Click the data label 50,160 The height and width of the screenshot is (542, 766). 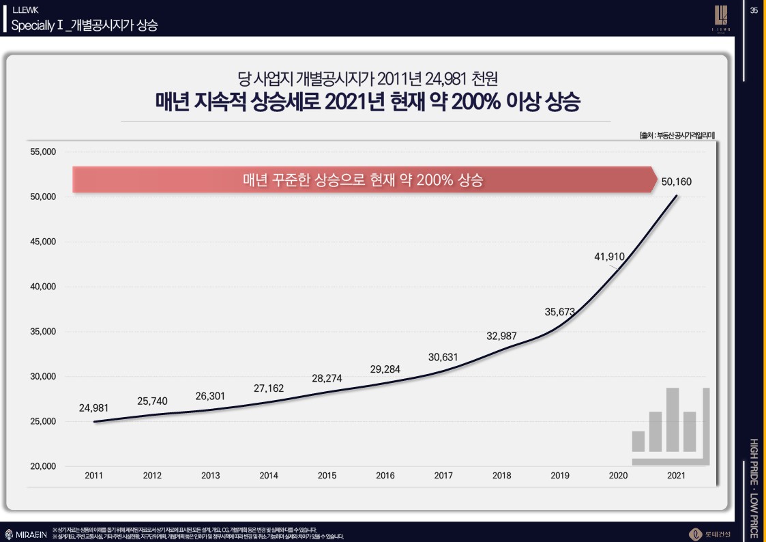click(676, 182)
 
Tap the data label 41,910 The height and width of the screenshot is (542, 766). click(609, 257)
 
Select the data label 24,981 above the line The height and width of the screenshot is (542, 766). click(93, 408)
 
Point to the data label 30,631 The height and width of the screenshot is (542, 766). click(443, 356)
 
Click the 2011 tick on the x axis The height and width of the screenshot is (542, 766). click(94, 476)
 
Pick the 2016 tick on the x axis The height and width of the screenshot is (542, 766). click(385, 476)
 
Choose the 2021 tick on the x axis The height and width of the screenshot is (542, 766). click(676, 476)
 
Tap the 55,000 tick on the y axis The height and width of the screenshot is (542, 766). click(42, 152)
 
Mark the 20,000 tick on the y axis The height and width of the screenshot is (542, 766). click(42, 466)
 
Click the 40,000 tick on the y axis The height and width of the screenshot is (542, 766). click(42, 287)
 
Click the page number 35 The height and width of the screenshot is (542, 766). click(754, 10)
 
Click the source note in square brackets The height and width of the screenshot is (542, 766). click(673, 135)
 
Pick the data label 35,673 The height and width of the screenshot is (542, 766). click(559, 312)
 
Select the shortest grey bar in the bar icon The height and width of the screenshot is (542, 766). click(638, 441)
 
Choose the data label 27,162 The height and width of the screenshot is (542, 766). click(269, 388)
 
